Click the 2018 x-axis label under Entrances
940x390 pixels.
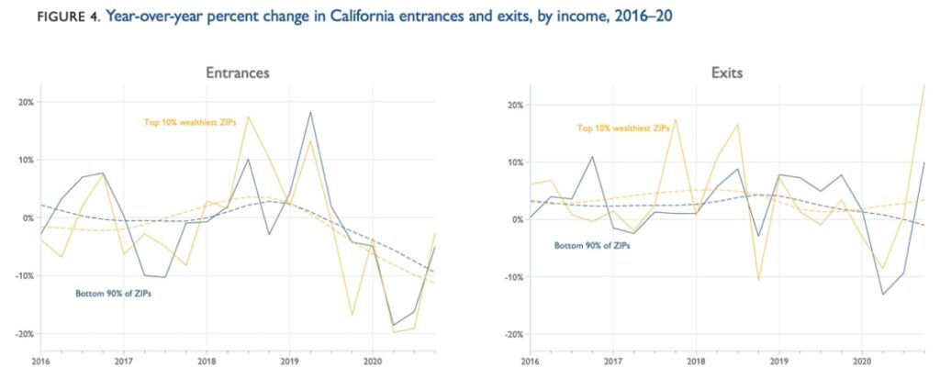point(205,362)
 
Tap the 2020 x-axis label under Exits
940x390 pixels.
point(862,362)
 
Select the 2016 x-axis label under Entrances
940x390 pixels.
point(39,362)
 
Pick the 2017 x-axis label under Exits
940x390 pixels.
point(612,362)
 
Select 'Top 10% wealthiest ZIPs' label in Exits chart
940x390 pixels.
point(624,128)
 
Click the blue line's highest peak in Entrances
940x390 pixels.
point(310,112)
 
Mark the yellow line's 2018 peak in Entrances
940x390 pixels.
point(248,117)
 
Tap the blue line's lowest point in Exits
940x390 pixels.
point(883,294)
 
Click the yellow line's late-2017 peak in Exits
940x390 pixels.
point(675,119)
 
